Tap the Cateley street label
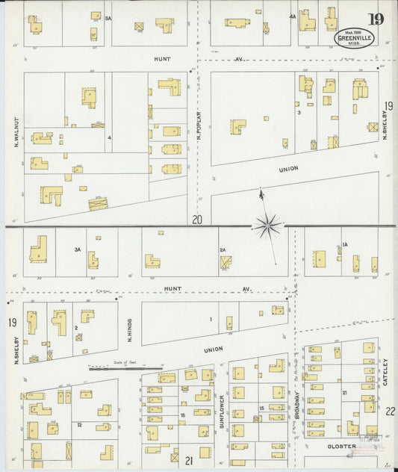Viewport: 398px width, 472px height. click(x=385, y=373)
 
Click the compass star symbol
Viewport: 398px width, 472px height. click(x=267, y=223)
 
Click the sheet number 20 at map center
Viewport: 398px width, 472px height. click(x=196, y=220)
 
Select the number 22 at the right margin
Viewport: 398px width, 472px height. click(x=390, y=412)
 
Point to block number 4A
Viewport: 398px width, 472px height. click(x=293, y=16)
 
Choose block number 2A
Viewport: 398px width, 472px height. click(x=222, y=249)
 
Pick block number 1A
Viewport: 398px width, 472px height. click(x=345, y=246)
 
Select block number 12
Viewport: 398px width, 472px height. click(x=78, y=424)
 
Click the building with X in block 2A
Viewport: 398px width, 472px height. click(x=225, y=262)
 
